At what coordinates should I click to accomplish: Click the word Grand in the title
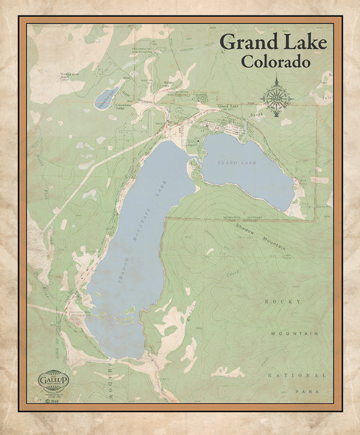point(248,43)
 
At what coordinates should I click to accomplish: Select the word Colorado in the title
point(275,61)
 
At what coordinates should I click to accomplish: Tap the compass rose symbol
point(277,96)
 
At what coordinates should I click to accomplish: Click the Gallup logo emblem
point(53,380)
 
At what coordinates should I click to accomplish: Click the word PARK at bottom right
point(305,391)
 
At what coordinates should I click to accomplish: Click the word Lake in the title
point(303,43)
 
